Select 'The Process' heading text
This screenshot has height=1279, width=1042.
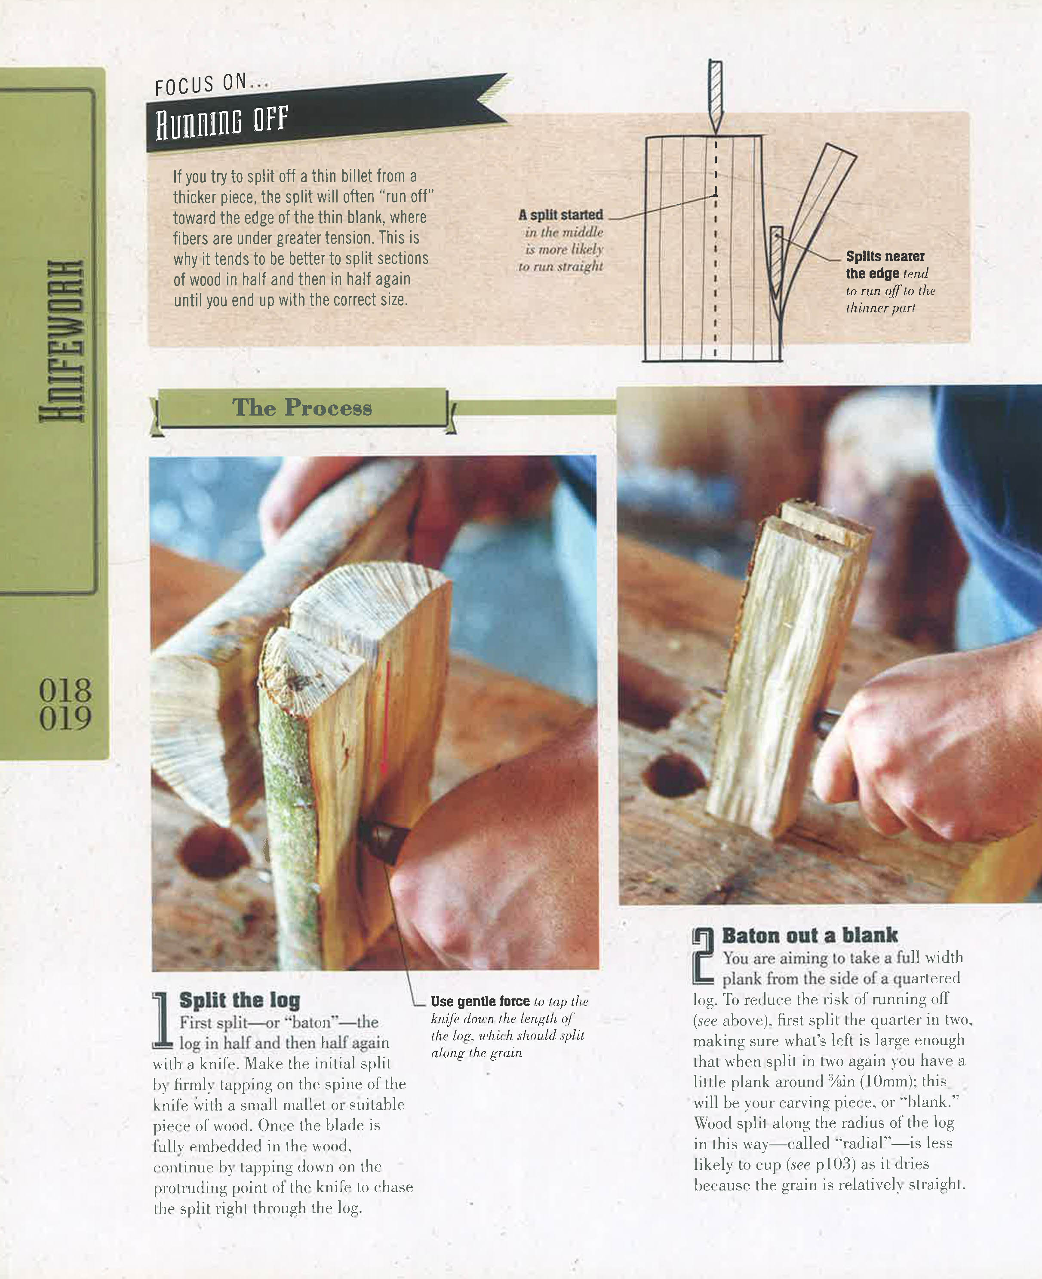pyautogui.click(x=302, y=408)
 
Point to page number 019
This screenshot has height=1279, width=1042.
pyautogui.click(x=65, y=719)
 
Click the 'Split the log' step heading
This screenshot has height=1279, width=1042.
pyautogui.click(x=240, y=1000)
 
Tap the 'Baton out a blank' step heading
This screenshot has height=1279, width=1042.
pyautogui.click(x=810, y=935)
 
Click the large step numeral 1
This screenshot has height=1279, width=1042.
pyautogui.click(x=161, y=1020)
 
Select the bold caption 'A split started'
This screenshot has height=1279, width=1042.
pyautogui.click(x=561, y=215)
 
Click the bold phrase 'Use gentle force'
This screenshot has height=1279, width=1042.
pyautogui.click(x=480, y=1001)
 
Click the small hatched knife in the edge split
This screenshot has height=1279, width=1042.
pyautogui.click(x=776, y=261)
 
